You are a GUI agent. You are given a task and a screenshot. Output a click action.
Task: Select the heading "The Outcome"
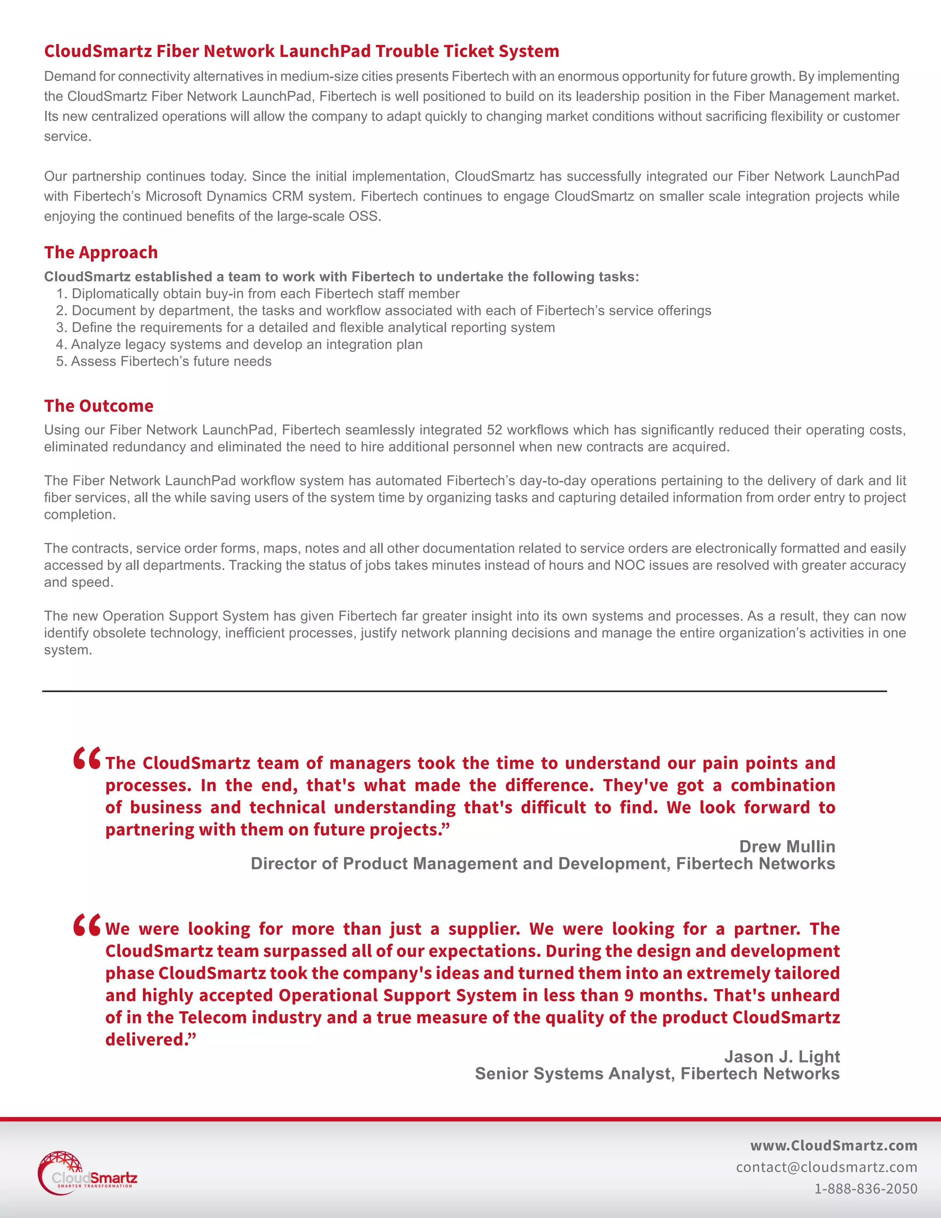coord(99,405)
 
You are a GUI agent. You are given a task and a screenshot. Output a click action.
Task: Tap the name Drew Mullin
coord(787,846)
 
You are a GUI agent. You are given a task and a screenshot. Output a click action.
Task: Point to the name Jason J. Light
coord(782,1056)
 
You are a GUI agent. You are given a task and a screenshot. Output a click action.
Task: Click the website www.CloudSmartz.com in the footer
coord(833,1145)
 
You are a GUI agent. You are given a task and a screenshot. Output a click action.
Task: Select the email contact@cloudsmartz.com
coord(826,1167)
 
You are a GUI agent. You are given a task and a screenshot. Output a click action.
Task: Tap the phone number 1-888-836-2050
coord(865,1189)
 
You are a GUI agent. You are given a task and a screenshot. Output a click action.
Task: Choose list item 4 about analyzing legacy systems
coord(239,345)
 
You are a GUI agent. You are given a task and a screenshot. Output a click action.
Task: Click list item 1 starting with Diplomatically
coord(258,294)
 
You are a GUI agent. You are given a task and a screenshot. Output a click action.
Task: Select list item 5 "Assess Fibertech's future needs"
coord(164,361)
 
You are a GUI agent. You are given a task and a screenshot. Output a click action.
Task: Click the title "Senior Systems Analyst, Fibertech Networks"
coord(657,1074)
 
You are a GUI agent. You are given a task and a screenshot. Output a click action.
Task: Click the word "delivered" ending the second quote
coord(146,1040)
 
